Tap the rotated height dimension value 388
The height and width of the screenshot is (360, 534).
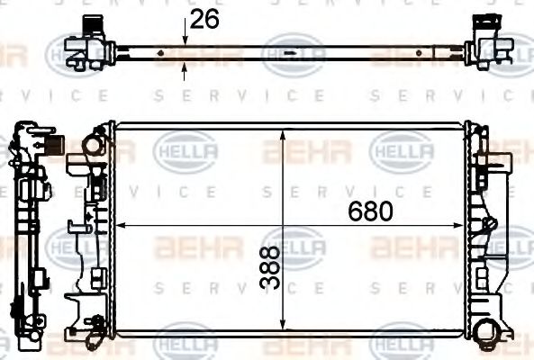coord(268,269)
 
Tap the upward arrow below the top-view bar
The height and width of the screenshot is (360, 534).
coord(185,65)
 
